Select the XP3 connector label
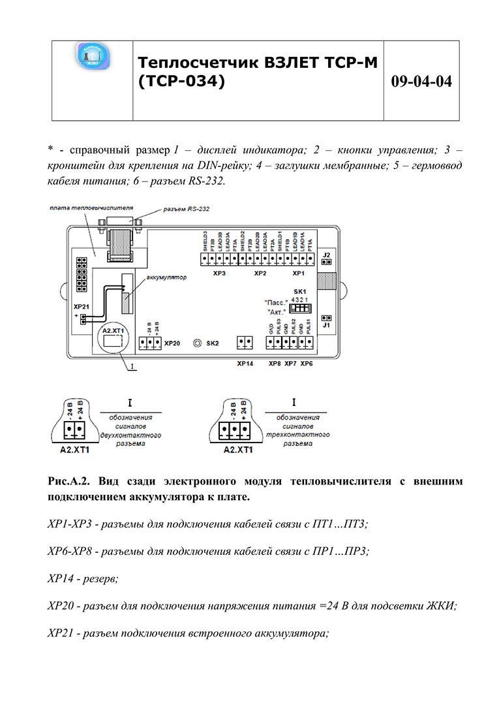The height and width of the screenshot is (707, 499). click(220, 274)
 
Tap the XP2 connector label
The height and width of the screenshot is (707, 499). click(260, 274)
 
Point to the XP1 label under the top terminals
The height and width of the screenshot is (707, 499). click(299, 274)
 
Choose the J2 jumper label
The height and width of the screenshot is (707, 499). click(327, 253)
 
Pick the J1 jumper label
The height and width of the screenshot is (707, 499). click(327, 324)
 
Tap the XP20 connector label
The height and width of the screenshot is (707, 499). click(173, 342)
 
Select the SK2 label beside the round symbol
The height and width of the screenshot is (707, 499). click(212, 342)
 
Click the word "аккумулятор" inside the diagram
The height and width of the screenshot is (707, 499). click(166, 277)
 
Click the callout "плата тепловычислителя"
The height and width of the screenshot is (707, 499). click(92, 206)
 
